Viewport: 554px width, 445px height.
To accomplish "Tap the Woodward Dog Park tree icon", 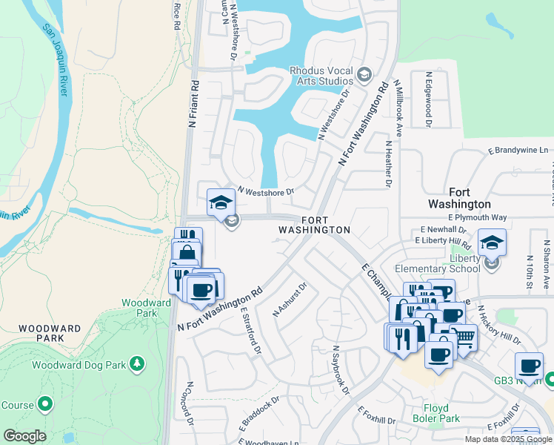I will click(x=136, y=363).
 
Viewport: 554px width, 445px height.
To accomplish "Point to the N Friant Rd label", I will click(x=193, y=105).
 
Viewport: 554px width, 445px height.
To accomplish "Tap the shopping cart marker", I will click(x=463, y=337).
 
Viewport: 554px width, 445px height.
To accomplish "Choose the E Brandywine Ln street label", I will click(x=518, y=151).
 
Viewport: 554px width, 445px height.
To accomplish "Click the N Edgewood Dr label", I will click(x=427, y=99).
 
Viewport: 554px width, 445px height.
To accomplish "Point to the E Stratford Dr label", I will click(x=250, y=331).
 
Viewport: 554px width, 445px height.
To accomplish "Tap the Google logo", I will click(x=24, y=436).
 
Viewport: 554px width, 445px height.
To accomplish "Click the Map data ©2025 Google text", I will click(x=507, y=439).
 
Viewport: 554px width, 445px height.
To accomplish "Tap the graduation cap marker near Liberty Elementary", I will click(x=492, y=242).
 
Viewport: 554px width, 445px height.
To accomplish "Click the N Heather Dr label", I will click(x=387, y=163).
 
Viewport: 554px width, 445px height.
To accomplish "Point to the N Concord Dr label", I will click(x=190, y=404).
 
